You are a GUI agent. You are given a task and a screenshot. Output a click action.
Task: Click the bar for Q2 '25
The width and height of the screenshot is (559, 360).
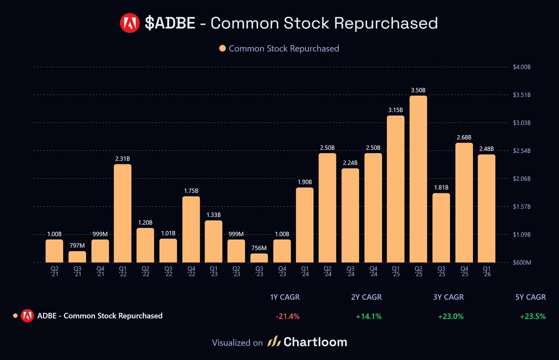418,179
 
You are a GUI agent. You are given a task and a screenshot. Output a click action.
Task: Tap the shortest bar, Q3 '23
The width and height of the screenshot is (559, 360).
259,258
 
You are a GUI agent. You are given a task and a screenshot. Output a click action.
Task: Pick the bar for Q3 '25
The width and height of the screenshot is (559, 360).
441,228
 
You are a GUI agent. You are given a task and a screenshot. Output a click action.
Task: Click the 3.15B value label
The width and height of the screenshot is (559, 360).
395,109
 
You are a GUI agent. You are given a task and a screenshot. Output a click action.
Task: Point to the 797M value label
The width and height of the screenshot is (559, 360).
77,245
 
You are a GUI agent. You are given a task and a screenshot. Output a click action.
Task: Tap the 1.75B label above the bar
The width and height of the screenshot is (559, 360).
191,190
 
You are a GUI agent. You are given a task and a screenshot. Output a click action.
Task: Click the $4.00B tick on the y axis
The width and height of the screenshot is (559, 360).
521,67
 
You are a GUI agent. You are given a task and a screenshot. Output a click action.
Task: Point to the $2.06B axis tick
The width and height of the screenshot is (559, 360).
521,179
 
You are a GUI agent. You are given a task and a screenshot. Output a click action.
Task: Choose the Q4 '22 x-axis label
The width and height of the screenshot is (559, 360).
191,272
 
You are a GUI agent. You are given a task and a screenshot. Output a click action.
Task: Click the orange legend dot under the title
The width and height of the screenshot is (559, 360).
222,48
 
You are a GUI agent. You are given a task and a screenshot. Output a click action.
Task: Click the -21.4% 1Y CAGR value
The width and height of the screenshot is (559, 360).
287,316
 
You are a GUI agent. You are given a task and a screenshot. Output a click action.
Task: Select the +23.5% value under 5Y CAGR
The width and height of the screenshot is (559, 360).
533,316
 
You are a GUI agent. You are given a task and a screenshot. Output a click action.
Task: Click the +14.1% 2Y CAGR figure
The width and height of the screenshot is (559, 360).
369,316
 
